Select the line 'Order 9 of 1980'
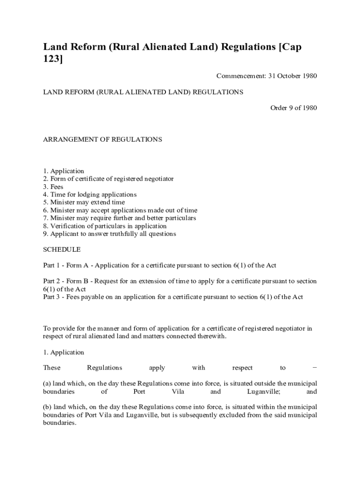pyautogui.click(x=294, y=108)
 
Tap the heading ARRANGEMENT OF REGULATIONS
pyautogui.click(x=102, y=139)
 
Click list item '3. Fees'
pyautogui.click(x=53, y=187)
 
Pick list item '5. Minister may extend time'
pyautogui.click(x=84, y=203)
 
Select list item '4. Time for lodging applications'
pyautogui.click(x=90, y=195)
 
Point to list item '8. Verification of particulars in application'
pyautogui.click(x=105, y=226)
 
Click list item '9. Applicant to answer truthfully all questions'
pyautogui.click(x=109, y=234)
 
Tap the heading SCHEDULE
pyautogui.click(x=62, y=250)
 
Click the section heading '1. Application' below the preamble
pyautogui.click(x=64, y=352)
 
